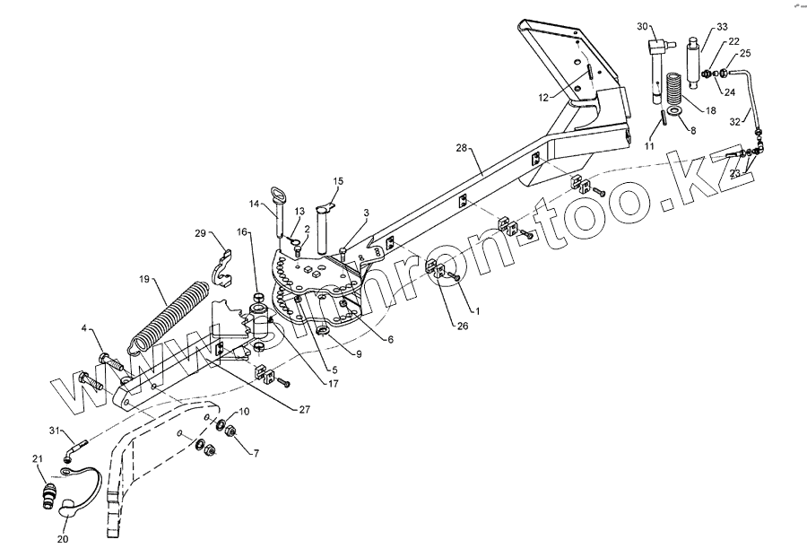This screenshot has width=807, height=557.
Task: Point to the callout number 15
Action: pyautogui.click(x=338, y=181)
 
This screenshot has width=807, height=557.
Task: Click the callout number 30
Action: pyautogui.click(x=642, y=26)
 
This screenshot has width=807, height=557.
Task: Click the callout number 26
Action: pyautogui.click(x=463, y=325)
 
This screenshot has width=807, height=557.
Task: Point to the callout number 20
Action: pyautogui.click(x=62, y=539)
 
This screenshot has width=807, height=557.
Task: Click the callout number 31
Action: pyautogui.click(x=53, y=431)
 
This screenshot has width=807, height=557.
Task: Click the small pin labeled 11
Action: pyautogui.click(x=663, y=117)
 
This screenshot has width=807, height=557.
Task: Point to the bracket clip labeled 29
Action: pyautogui.click(x=221, y=260)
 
